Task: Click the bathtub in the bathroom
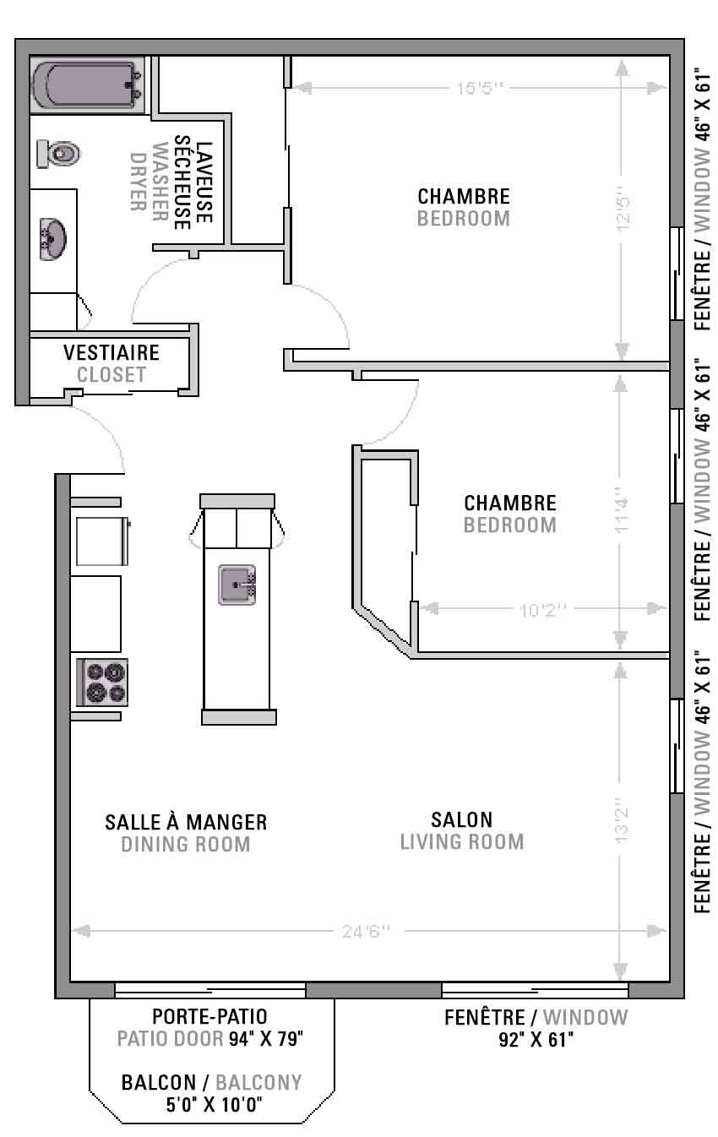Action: pyautogui.click(x=87, y=84)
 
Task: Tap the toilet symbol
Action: pyautogui.click(x=58, y=154)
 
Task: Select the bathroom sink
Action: pyautogui.click(x=52, y=239)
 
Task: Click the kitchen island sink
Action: pyautogui.click(x=237, y=585)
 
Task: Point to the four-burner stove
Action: pyautogui.click(x=102, y=682)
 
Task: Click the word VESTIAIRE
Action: pyautogui.click(x=112, y=352)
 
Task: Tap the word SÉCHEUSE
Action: pyautogui.click(x=182, y=182)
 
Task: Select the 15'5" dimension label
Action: pyautogui.click(x=480, y=89)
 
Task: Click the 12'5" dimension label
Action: pyautogui.click(x=623, y=213)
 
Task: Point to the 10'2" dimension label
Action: pyautogui.click(x=542, y=609)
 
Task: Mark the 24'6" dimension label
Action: pyautogui.click(x=367, y=932)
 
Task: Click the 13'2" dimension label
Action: pyautogui.click(x=622, y=824)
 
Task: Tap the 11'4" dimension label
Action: pyautogui.click(x=622, y=510)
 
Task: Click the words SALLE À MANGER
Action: pyautogui.click(x=186, y=822)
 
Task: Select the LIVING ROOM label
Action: pyautogui.click(x=462, y=842)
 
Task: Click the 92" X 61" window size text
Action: pyautogui.click(x=536, y=1040)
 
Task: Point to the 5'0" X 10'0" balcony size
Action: pyautogui.click(x=214, y=1105)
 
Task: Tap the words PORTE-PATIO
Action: pyautogui.click(x=209, y=1016)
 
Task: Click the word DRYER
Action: pyautogui.click(x=138, y=182)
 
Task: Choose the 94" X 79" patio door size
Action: pyautogui.click(x=266, y=1038)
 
